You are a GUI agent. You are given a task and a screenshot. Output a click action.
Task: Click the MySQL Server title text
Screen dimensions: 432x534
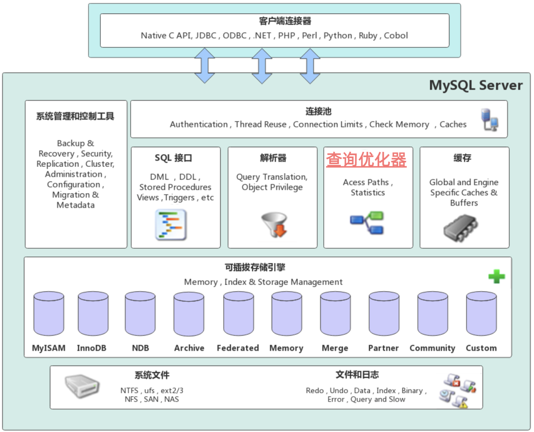tap(476, 85)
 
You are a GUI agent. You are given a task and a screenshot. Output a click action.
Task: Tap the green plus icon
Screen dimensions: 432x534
tap(496, 276)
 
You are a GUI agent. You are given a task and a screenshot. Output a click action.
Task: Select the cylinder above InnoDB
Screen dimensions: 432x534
tap(93, 314)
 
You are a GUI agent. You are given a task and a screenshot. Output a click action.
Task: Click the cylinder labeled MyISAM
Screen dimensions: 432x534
tap(49, 314)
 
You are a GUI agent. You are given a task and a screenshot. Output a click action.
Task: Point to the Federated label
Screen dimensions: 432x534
tap(238, 348)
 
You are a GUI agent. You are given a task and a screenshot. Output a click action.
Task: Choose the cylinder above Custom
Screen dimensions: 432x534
tap(481, 314)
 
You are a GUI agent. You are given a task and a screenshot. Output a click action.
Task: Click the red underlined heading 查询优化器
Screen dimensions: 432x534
tap(366, 159)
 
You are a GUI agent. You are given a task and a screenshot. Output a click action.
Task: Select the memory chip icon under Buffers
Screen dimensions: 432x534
tap(460, 228)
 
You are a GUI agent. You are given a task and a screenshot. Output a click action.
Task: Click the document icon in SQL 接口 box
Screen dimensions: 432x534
tap(171, 225)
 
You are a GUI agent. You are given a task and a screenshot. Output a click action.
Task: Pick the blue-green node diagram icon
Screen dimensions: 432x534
tap(367, 223)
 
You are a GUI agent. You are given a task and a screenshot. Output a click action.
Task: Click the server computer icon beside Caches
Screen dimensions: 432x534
tap(489, 120)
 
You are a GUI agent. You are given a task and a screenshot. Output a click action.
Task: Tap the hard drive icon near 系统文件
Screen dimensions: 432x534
tap(82, 386)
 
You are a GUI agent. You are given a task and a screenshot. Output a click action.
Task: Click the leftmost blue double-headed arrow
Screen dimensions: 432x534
tap(205, 66)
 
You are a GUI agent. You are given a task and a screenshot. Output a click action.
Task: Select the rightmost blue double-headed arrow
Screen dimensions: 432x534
tap(310, 66)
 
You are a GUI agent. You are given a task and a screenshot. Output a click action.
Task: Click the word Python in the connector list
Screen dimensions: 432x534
tap(337, 36)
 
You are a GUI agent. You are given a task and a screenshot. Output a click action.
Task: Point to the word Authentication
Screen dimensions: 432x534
tap(199, 125)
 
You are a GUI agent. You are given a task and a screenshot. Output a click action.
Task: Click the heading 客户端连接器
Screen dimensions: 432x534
tap(285, 21)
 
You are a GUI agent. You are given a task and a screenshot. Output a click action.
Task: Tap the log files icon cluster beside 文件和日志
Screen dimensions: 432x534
tap(458, 390)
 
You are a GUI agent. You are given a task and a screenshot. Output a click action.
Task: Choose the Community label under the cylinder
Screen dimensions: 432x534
tap(432, 348)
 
